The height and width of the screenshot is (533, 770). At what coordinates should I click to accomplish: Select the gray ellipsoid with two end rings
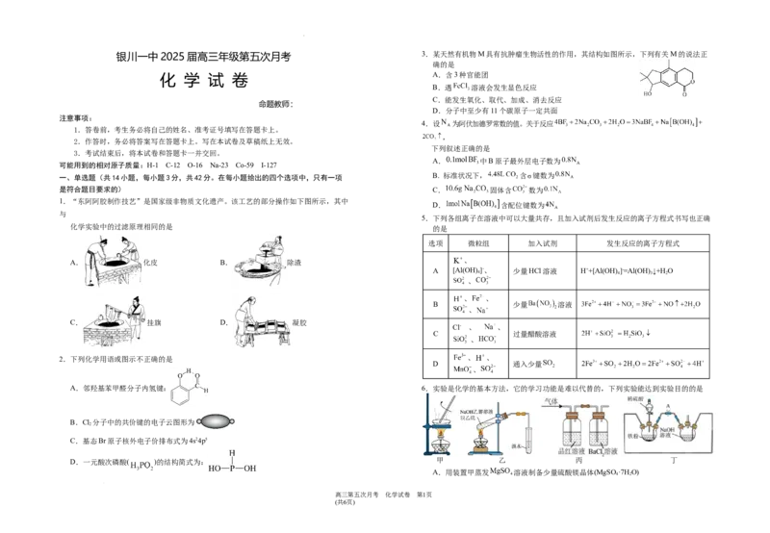coord(217,420)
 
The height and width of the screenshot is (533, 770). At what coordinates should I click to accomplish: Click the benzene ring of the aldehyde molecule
coord(180,392)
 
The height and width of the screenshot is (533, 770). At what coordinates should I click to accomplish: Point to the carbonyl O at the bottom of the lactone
coord(684,94)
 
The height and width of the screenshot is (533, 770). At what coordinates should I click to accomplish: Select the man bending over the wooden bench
coord(246,319)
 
